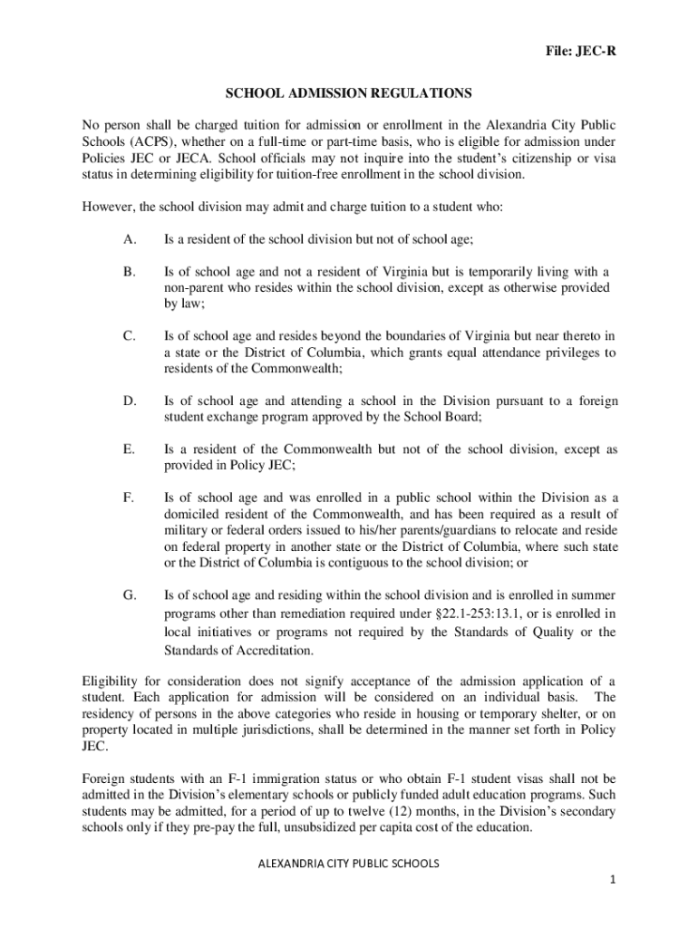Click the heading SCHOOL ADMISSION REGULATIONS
(x=349, y=93)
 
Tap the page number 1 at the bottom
(x=613, y=880)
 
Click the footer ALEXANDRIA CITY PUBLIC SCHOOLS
(x=349, y=864)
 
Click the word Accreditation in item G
(x=270, y=651)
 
